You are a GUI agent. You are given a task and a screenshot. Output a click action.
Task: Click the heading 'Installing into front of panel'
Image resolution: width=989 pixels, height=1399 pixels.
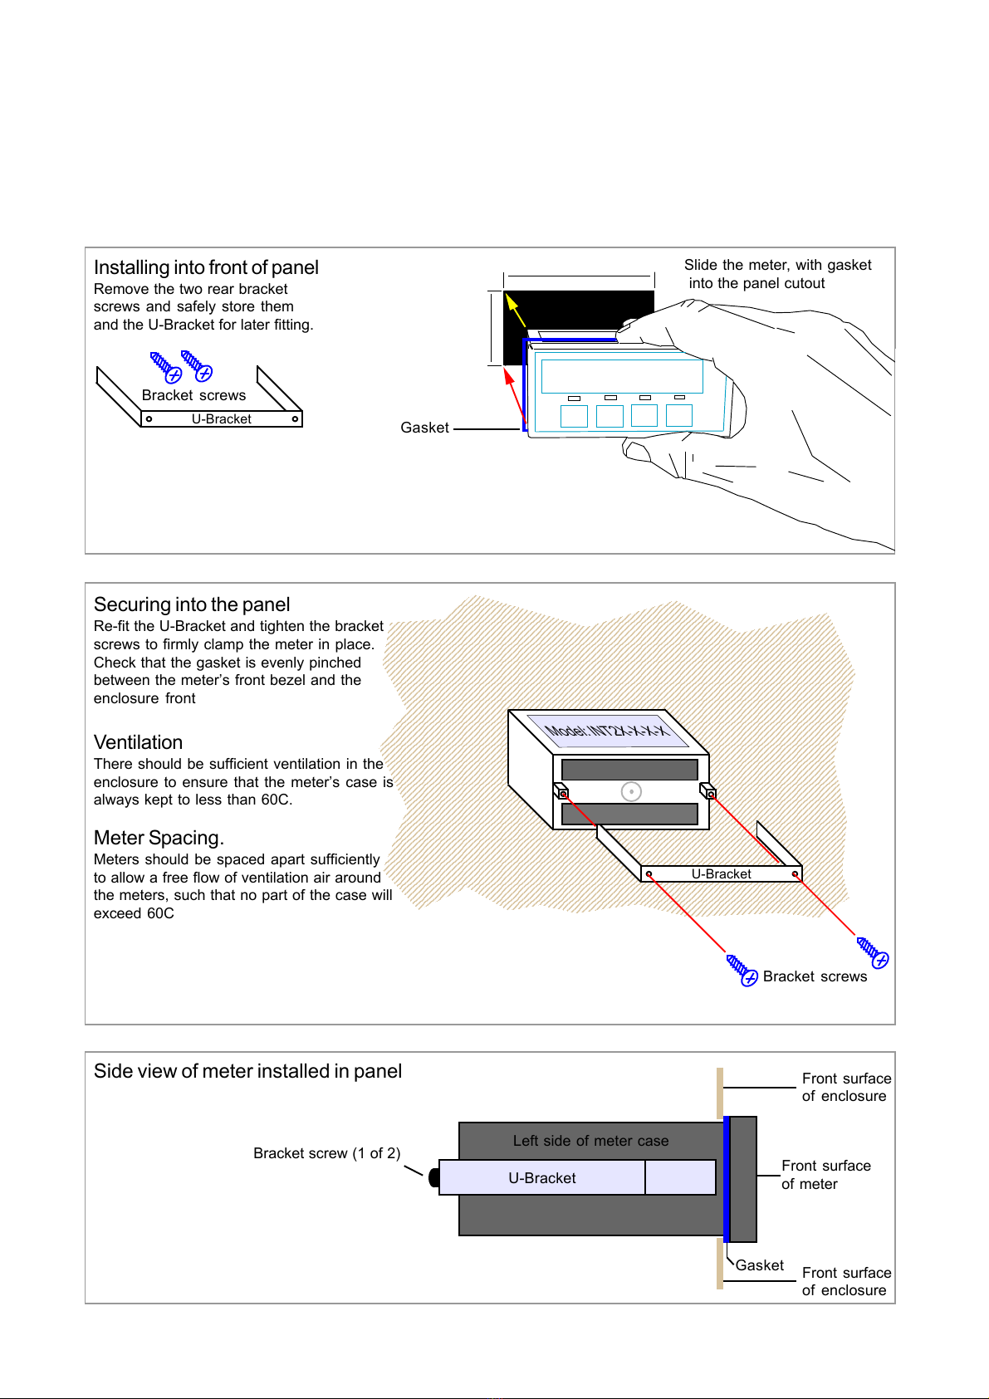206,267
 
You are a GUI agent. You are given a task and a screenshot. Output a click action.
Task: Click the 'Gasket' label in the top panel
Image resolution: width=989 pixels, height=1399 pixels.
424,428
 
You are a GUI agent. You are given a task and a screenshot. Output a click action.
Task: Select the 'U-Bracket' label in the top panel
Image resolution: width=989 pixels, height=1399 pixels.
221,419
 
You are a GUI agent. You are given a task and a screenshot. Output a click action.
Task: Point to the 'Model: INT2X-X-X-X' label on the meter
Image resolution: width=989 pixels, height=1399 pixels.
607,731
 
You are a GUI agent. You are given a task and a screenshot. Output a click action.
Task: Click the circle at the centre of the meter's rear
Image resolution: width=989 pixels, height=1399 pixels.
631,792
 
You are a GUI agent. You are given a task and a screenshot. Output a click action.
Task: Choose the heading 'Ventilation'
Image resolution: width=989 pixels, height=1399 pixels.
138,742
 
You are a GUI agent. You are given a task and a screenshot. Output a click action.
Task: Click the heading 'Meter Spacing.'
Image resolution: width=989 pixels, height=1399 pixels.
159,838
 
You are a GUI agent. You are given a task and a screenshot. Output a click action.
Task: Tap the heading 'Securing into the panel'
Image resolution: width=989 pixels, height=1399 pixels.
192,604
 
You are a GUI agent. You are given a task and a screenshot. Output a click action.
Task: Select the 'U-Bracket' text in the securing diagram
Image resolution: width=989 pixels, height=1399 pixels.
721,874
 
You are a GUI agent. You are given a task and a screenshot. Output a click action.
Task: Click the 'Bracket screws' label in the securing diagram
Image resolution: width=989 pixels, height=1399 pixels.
815,976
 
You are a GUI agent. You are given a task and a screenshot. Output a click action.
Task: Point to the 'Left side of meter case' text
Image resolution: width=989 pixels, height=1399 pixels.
590,1141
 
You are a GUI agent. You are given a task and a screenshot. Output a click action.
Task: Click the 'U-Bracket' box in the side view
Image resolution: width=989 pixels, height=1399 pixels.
542,1178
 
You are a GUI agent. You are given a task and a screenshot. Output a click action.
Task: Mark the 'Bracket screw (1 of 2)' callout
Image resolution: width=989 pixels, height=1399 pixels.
326,1153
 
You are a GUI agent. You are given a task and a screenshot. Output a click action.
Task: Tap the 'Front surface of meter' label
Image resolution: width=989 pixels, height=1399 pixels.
825,1175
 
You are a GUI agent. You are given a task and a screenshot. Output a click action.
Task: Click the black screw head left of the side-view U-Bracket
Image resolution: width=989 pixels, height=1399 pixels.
433,1177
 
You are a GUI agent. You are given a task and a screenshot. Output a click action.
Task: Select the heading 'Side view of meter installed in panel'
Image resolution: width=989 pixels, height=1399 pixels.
247,1071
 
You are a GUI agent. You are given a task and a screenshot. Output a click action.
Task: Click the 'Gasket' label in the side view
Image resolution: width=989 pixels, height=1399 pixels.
759,1265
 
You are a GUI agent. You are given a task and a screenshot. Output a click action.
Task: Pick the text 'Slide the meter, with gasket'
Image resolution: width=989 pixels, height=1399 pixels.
777,265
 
